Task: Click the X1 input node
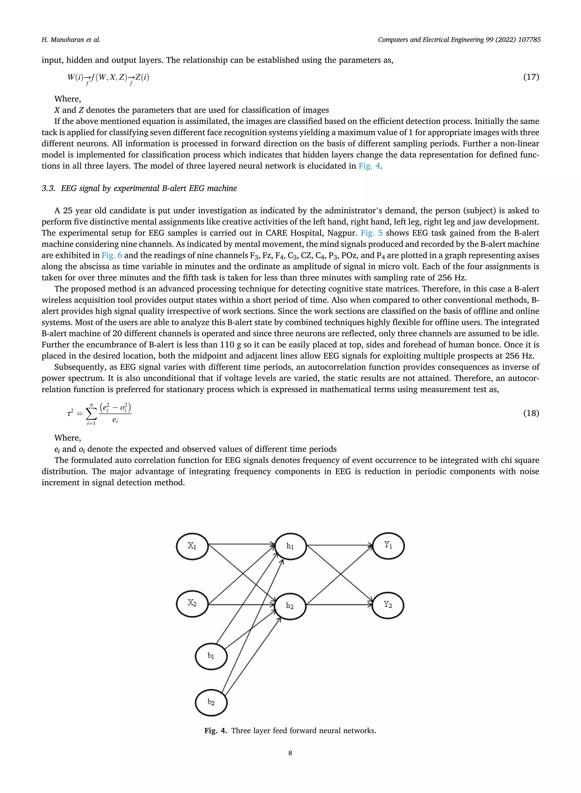(192, 546)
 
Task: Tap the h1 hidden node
(290, 546)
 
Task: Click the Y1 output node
(388, 546)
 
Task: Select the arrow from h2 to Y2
(339, 605)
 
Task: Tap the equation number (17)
(531, 77)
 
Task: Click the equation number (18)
(531, 413)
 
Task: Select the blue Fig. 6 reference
(112, 255)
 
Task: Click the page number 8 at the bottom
(290, 753)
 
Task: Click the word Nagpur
(342, 233)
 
